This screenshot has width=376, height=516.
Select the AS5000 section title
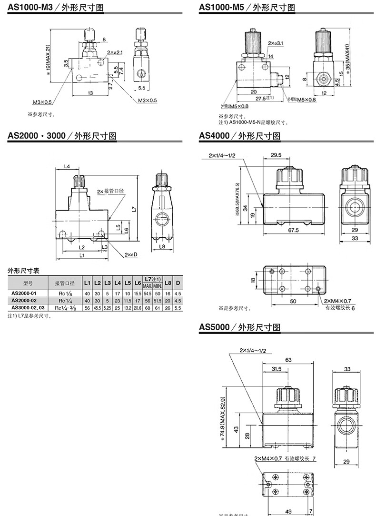click(x=214, y=327)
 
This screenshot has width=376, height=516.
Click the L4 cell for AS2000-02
click(x=117, y=301)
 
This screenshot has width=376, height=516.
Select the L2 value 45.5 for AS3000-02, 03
click(x=97, y=308)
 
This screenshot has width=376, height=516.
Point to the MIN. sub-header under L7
click(x=158, y=286)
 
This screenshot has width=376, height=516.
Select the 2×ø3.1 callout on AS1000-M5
click(x=276, y=43)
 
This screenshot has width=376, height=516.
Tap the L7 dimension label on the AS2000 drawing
click(x=134, y=209)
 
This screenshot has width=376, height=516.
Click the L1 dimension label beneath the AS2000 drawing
click(x=82, y=255)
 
